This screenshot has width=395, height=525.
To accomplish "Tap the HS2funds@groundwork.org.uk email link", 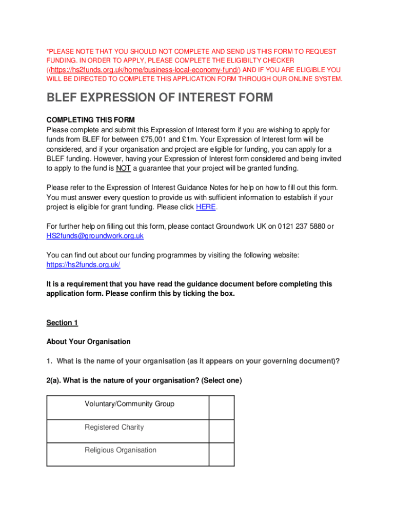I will click(x=95, y=236).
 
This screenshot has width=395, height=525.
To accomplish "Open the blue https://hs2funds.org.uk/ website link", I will click(x=83, y=265).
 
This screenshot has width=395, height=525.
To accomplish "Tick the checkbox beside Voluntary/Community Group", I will click(x=222, y=408).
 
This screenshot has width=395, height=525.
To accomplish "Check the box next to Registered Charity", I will click(x=222, y=431).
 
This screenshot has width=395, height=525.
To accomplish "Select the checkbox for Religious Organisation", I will click(x=222, y=454).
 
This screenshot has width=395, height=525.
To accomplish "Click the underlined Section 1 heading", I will click(x=62, y=322).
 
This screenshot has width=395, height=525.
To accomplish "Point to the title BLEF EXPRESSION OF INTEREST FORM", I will click(x=160, y=97).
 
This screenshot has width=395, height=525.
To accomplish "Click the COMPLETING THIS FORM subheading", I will click(x=90, y=120).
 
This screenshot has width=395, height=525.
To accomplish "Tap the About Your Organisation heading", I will click(x=88, y=341).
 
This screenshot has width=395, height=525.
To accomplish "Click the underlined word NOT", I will click(x=123, y=168).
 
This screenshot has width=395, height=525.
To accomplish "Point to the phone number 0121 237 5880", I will click(x=302, y=226).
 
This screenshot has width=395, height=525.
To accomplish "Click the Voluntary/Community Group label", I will click(x=129, y=404).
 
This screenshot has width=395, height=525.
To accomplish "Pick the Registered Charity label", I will click(x=114, y=427).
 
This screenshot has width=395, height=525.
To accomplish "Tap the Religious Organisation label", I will click(x=121, y=450).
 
